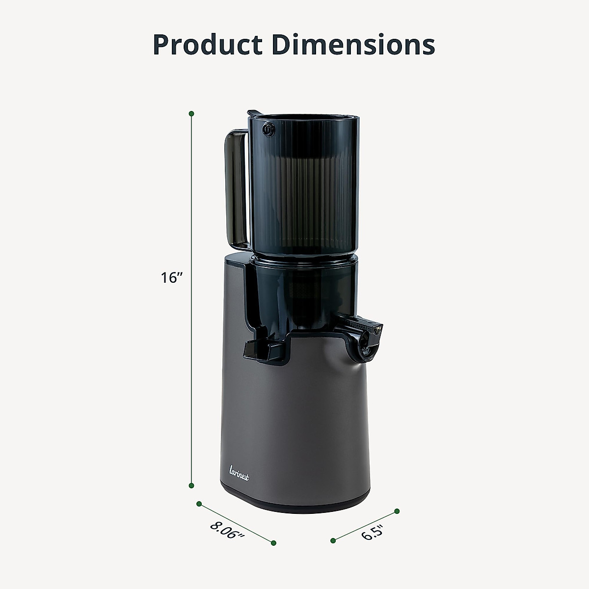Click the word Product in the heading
(208, 45)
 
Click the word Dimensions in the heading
(353, 45)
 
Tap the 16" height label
(171, 278)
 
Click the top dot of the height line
(191, 114)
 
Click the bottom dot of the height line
(191, 485)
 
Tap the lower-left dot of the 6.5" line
(333, 541)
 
